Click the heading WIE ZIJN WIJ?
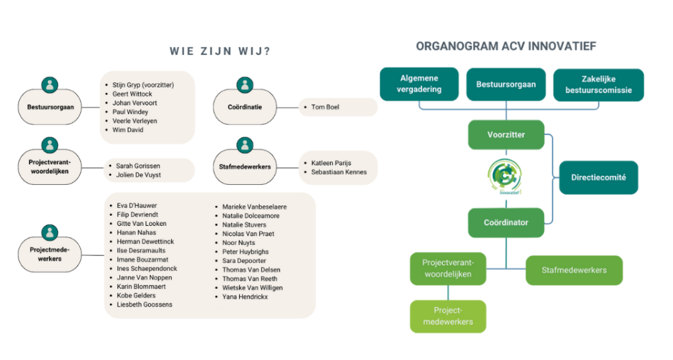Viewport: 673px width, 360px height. [219, 51]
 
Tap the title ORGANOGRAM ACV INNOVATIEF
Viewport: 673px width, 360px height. [506, 47]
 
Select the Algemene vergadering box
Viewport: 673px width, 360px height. [420, 84]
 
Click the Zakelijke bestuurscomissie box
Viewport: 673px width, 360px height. [598, 84]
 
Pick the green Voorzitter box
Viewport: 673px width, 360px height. [507, 135]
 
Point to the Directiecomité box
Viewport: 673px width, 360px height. [598, 177]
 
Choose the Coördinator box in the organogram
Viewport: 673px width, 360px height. [507, 222]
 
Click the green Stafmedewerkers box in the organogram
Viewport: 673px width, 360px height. [574, 270]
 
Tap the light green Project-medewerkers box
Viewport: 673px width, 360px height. [448, 316]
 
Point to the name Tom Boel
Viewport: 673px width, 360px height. [325, 107]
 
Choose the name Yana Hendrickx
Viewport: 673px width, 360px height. [244, 297]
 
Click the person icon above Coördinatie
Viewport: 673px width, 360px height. [244, 86]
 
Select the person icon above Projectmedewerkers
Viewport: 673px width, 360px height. [49, 233]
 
